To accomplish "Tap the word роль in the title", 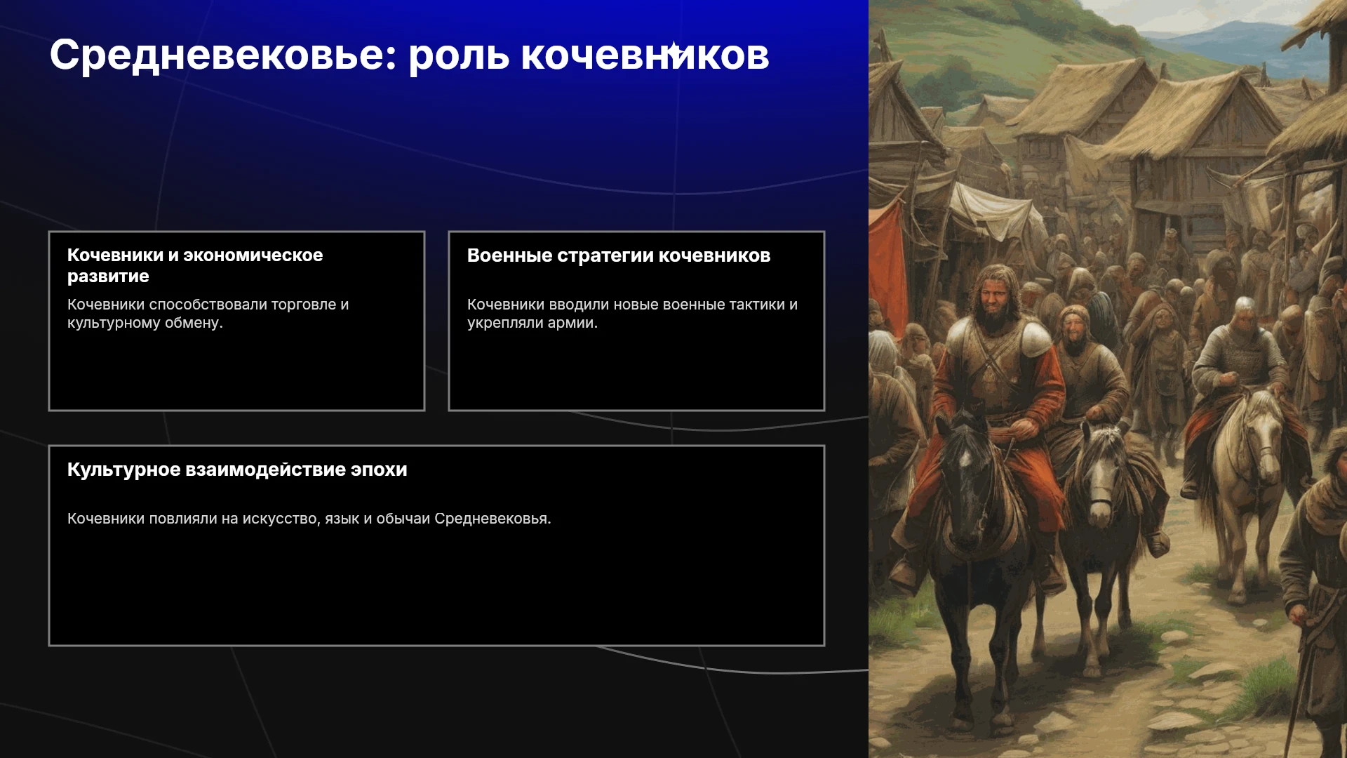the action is (459, 55).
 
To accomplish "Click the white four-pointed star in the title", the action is (673, 51).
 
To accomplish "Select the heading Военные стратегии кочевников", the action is (619, 255).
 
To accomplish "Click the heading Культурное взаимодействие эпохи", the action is (237, 470).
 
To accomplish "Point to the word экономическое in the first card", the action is (253, 255).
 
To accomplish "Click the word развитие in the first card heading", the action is (108, 277).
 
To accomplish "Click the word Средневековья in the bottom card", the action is (492, 519).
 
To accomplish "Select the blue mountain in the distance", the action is (1235, 39).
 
